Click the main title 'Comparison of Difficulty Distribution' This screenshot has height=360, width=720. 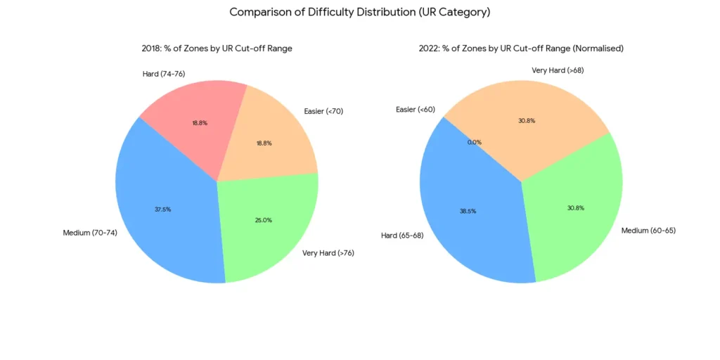359,12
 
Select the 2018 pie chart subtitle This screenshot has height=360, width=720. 217,49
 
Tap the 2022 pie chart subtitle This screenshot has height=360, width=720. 520,49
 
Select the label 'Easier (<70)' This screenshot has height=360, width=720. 323,111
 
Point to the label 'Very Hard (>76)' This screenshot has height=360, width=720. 328,252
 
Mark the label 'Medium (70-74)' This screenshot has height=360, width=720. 90,232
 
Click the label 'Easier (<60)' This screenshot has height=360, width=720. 416,109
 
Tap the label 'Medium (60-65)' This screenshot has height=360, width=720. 648,230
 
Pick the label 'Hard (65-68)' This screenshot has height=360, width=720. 404,236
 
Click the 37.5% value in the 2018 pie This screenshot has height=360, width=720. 162,210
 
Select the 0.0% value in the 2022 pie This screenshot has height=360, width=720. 475,142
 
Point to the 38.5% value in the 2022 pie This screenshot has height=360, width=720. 468,210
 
